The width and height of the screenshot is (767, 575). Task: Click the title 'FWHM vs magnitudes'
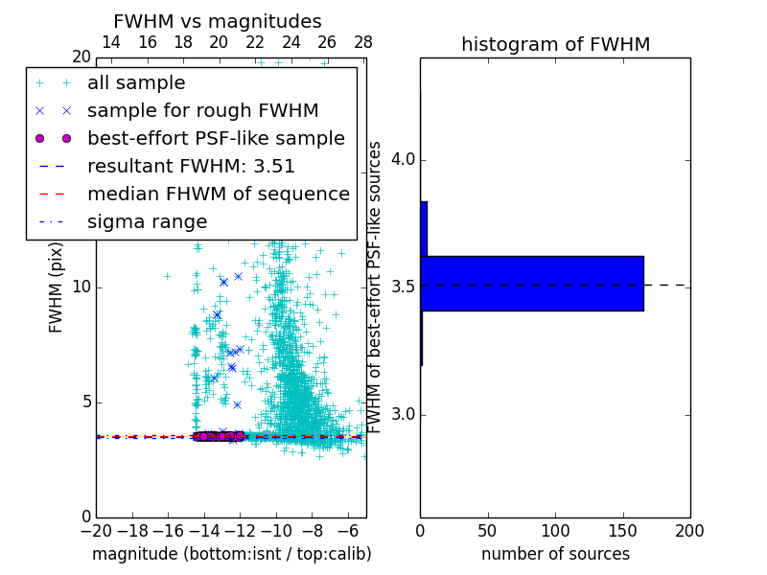(x=218, y=21)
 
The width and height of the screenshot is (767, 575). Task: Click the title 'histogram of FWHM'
(x=555, y=44)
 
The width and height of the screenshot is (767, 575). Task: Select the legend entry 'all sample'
(x=136, y=83)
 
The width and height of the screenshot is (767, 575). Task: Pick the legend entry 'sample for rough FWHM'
(x=202, y=111)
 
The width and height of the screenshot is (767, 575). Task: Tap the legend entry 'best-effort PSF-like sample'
(x=216, y=139)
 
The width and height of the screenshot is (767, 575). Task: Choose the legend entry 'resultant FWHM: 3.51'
(x=191, y=167)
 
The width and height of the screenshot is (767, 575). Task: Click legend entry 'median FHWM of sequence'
(x=218, y=195)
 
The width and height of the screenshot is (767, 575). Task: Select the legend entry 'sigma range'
(x=147, y=222)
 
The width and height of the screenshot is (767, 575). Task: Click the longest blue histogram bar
(x=532, y=284)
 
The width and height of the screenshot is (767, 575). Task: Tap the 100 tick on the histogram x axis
(x=555, y=531)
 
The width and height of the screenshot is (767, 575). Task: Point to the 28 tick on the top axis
(x=363, y=43)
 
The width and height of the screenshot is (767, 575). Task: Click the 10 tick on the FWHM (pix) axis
(x=82, y=287)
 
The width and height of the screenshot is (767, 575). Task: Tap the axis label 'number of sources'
(x=555, y=554)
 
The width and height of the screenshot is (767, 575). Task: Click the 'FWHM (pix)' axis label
(x=57, y=287)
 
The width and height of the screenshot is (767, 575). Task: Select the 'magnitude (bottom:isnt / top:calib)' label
(x=231, y=554)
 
